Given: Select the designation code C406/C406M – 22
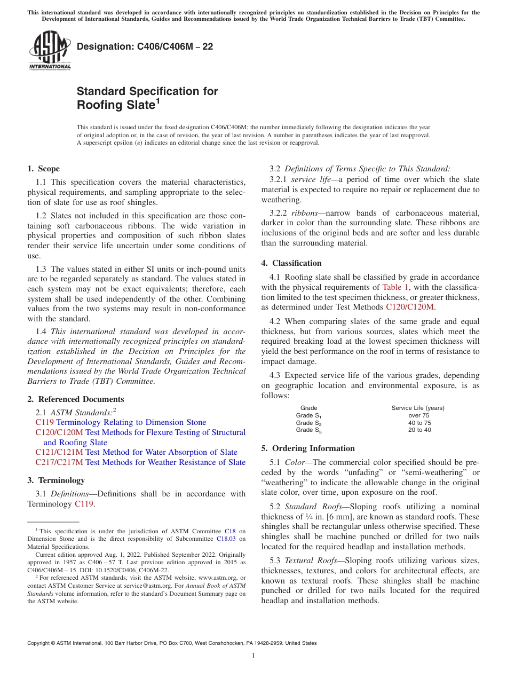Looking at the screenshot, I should point(145,47).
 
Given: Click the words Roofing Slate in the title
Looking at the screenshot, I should point(116,105).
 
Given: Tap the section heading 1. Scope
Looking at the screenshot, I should point(43,169).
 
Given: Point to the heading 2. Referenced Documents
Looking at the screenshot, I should point(75,399).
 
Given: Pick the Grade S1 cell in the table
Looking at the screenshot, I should point(308,415).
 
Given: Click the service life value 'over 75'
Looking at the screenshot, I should point(418,415).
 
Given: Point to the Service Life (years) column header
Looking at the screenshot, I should point(418,408).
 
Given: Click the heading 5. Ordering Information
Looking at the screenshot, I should point(308,448).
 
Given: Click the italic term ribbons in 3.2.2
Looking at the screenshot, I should point(304,213).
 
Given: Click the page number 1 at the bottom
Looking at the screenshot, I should point(253,656).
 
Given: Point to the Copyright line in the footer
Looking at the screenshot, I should point(172,643).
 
